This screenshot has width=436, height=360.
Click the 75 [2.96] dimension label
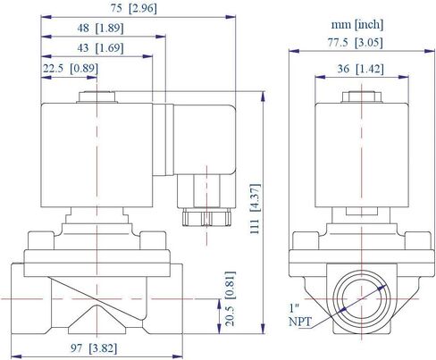(x=133, y=8)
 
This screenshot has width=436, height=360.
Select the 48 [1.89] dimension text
(x=100, y=28)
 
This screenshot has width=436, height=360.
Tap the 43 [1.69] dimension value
(x=100, y=47)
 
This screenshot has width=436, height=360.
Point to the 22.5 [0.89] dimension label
(x=71, y=69)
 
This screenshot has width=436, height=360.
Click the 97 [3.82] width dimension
(x=94, y=347)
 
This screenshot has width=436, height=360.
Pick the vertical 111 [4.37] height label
(x=255, y=209)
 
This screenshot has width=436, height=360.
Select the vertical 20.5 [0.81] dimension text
(x=230, y=297)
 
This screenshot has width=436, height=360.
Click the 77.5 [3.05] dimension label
(x=355, y=43)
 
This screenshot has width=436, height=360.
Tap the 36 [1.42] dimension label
(x=360, y=69)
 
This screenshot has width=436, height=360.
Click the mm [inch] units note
(x=357, y=24)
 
